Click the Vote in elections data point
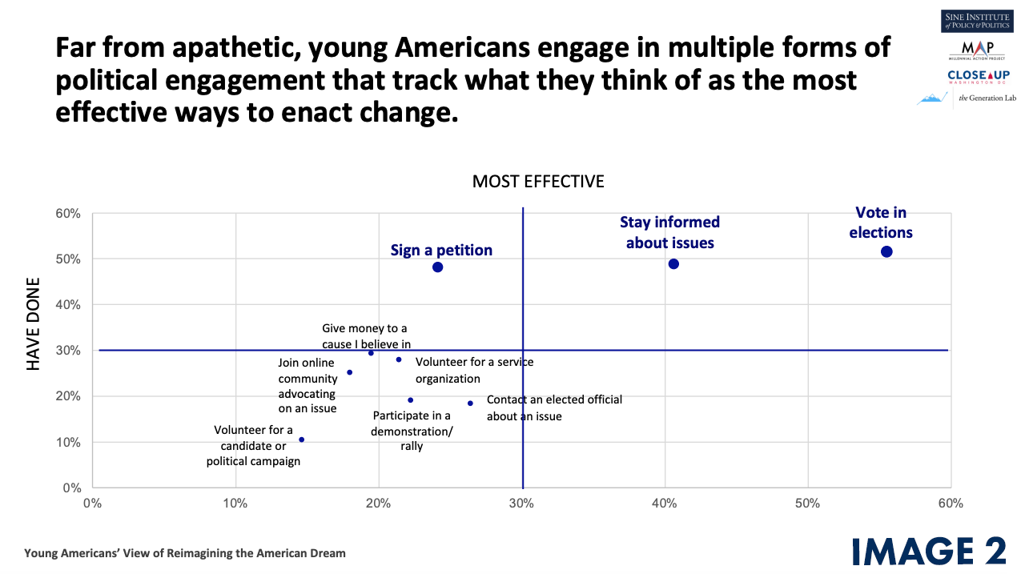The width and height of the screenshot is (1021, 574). click(886, 251)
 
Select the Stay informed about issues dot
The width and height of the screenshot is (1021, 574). click(673, 263)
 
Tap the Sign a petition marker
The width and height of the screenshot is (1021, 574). click(437, 267)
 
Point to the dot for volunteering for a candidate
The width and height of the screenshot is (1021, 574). click(301, 440)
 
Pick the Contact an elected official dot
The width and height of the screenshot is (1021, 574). click(470, 403)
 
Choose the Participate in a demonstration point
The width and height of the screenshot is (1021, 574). click(410, 400)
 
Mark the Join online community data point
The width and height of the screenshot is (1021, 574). click(350, 372)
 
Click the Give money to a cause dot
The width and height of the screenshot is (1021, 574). click(371, 353)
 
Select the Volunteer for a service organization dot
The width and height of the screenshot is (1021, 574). click(399, 359)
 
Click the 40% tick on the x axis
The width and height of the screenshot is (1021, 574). click(665, 504)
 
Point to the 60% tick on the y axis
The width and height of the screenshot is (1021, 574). click(68, 214)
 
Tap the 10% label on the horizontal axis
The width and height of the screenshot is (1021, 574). click(235, 504)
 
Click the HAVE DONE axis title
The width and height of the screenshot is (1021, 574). click(33, 324)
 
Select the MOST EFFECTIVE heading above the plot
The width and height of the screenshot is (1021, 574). click(538, 181)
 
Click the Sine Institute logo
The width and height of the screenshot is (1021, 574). click(977, 21)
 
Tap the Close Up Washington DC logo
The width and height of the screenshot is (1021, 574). click(978, 77)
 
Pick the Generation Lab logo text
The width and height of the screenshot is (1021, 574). click(987, 98)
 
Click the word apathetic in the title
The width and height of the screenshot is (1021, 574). click(236, 47)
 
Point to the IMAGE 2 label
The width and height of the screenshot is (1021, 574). click(929, 552)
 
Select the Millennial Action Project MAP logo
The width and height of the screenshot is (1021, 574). click(977, 50)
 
